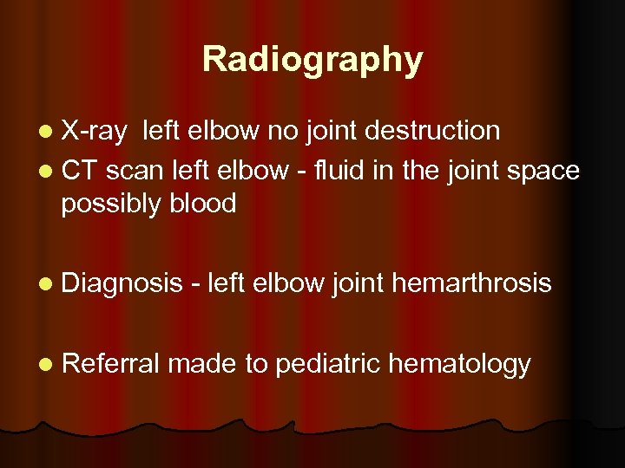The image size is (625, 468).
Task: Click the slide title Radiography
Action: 312,60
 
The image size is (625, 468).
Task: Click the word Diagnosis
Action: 122,283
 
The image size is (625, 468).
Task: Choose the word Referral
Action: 110,365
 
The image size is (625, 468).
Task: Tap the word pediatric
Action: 326,365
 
